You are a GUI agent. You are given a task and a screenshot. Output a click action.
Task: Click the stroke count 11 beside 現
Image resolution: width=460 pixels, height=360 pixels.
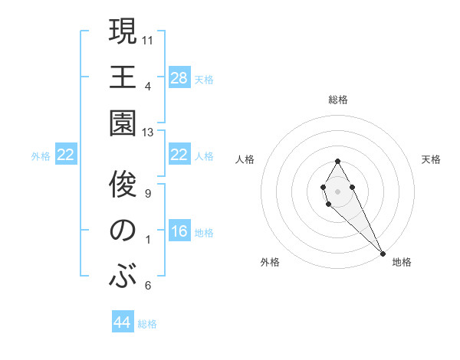148,39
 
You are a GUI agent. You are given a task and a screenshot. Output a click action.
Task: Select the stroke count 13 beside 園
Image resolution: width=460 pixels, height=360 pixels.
148,133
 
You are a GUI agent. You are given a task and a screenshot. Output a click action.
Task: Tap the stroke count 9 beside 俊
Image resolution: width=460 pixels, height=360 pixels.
148,193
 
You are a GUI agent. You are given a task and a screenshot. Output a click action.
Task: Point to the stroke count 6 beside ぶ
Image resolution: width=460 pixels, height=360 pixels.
148,286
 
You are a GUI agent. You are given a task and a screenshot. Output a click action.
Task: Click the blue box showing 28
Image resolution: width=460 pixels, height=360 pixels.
179,77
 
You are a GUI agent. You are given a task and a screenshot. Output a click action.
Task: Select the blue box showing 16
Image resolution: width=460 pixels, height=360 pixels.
179,231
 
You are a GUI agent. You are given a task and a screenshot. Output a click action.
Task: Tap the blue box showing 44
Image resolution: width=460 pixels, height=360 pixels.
123,322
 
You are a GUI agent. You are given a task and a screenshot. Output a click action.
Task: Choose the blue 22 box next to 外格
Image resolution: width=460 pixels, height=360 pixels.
66,155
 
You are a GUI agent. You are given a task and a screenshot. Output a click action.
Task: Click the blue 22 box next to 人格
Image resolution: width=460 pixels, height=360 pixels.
179,155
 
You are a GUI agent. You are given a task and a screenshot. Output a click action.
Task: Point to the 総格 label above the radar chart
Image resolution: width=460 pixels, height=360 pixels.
337,100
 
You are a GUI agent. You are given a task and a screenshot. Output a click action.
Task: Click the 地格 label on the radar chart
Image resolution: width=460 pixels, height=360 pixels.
402,262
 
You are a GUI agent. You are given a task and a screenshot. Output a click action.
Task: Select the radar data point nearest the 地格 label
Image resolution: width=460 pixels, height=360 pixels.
382,253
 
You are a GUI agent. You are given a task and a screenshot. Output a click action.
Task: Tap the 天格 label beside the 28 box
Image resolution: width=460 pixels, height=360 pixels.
204,79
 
